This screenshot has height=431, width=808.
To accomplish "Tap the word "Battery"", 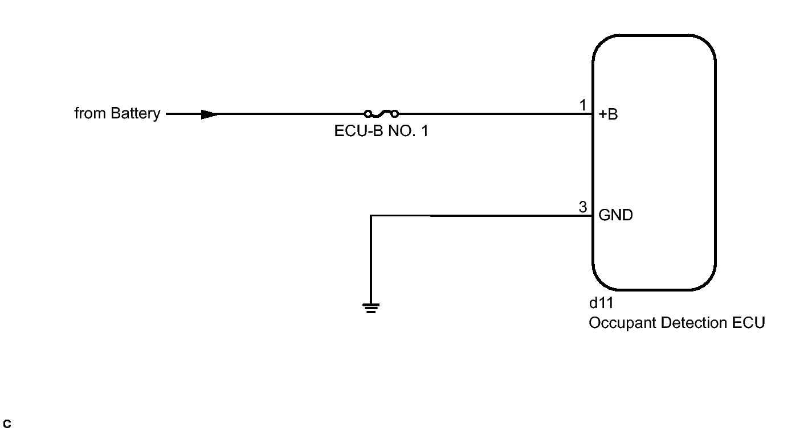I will (x=136, y=113).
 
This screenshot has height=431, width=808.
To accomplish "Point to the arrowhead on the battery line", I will (x=209, y=114).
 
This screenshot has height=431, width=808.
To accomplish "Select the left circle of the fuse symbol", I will (x=368, y=114).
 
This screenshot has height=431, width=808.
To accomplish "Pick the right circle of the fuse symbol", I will (x=395, y=114).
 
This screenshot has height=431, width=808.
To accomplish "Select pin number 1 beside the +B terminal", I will (x=582, y=105).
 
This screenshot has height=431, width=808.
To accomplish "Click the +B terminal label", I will (x=608, y=114).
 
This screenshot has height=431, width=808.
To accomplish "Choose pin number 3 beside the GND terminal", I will (x=582, y=207).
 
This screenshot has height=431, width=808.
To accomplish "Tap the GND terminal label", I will (x=615, y=216).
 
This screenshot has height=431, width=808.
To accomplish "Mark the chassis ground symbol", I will (x=371, y=308).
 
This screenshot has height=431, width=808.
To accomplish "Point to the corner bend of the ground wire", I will (x=371, y=216).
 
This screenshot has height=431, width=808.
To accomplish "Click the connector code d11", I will (x=601, y=303).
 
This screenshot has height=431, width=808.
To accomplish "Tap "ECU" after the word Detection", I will (x=748, y=323).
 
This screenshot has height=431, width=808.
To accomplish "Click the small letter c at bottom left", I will (x=7, y=424).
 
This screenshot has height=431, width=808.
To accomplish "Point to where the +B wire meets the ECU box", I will (x=593, y=114).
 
